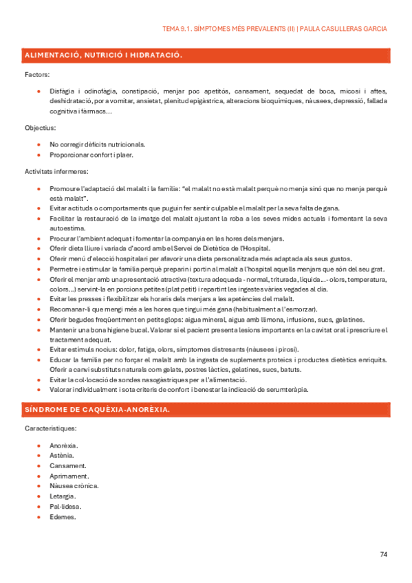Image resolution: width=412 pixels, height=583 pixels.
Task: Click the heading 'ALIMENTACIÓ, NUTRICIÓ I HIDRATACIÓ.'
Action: pos(103,54)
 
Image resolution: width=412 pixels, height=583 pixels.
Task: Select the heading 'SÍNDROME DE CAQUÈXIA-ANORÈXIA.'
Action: pos(97,410)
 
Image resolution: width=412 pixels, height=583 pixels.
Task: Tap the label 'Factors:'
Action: pos(36,74)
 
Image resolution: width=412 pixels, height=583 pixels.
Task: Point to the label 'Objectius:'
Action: pos(40,128)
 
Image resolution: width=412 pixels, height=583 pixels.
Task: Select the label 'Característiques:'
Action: pos(51,428)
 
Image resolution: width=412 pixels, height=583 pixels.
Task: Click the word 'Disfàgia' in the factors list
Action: pos(62,91)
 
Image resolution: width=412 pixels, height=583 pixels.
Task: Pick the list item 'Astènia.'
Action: pos(63,455)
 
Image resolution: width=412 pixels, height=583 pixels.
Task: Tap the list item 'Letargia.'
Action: pos(63,496)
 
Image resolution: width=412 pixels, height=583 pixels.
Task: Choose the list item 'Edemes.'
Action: pos(63,516)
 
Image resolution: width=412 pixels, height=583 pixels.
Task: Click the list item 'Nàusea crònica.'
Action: pos(74,485)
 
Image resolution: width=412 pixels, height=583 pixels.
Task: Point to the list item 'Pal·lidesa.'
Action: pos(65,506)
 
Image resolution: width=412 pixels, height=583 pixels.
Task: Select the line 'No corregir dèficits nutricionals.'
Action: pos(97,144)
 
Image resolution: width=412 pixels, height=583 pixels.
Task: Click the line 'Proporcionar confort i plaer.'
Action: pos(91,155)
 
